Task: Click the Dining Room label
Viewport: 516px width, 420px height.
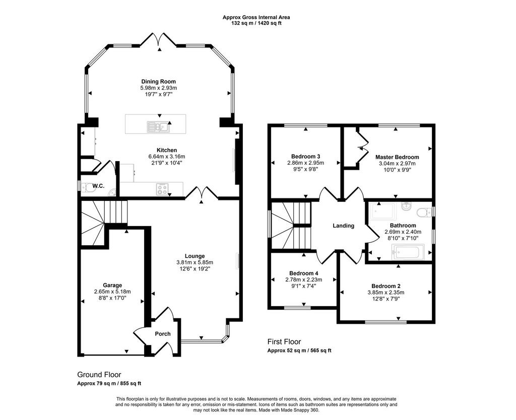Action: pyautogui.click(x=159, y=82)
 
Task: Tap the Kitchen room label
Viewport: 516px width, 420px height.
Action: pyautogui.click(x=166, y=150)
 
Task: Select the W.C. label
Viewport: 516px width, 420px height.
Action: pyautogui.click(x=98, y=186)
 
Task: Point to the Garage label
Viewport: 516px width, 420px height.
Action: pyautogui.click(x=112, y=286)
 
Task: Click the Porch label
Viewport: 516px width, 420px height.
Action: pyautogui.click(x=163, y=334)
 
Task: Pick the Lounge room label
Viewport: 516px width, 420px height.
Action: pyautogui.click(x=195, y=256)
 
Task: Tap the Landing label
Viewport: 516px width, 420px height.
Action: pyautogui.click(x=344, y=226)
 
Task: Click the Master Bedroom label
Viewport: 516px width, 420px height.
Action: pyautogui.click(x=397, y=157)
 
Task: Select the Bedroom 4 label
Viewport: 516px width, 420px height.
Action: pyautogui.click(x=303, y=273)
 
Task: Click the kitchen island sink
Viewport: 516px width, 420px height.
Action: pyautogui.click(x=158, y=126)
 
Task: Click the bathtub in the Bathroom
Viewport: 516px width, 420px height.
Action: pyautogui.click(x=408, y=252)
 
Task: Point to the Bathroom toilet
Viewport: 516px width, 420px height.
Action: pyautogui.click(x=424, y=213)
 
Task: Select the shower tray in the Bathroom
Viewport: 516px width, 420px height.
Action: pyautogui.click(x=383, y=212)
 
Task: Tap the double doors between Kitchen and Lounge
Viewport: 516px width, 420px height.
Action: pyautogui.click(x=202, y=193)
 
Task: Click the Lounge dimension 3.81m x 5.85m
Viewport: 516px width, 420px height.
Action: pyautogui.click(x=195, y=262)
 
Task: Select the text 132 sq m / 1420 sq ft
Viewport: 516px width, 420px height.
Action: pyautogui.click(x=256, y=23)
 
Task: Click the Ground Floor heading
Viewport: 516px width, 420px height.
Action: pyautogui.click(x=99, y=375)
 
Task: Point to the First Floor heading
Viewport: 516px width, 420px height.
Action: pyautogui.click(x=284, y=342)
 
